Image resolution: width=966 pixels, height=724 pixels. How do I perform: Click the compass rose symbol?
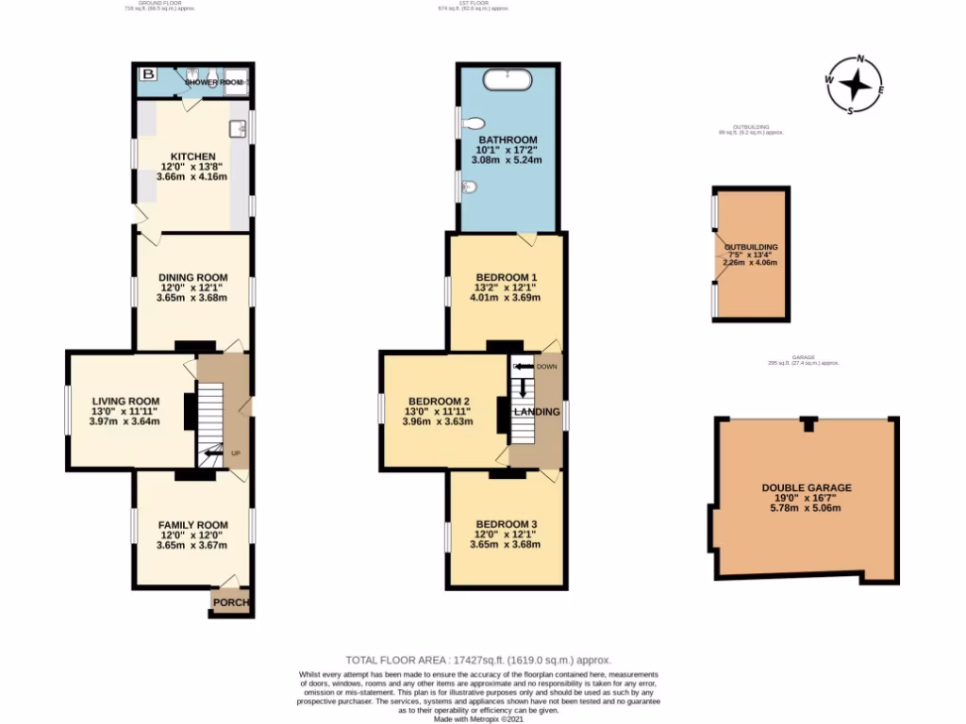[855, 85]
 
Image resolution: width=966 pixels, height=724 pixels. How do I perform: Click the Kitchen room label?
[192, 156]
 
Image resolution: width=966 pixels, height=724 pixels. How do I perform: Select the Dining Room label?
[192, 277]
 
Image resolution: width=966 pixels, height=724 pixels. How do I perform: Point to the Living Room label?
[125, 401]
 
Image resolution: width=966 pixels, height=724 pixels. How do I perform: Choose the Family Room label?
[192, 524]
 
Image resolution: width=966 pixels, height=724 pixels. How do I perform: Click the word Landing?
[537, 412]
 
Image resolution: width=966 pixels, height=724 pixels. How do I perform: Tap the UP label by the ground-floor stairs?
[235, 453]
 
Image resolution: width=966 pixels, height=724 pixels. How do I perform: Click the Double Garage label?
[807, 487]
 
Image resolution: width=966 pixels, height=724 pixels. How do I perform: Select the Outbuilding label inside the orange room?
[751, 247]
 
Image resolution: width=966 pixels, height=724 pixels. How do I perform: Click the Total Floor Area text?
[482, 661]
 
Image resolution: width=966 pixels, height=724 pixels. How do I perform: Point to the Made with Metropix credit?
[482, 719]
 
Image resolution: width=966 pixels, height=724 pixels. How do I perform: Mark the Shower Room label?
[212, 82]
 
